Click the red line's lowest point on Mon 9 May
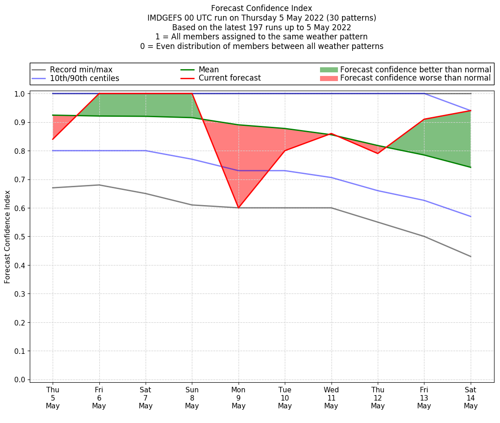(239, 208)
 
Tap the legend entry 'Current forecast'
(229, 78)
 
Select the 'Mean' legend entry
(208, 70)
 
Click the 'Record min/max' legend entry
(81, 70)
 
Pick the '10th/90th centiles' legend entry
(84, 78)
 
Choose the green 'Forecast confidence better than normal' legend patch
(328, 70)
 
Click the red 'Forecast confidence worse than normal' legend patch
(328, 78)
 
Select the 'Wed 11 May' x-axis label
(331, 398)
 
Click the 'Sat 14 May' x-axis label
(471, 398)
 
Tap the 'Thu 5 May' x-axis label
(53, 398)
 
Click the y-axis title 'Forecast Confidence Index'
(7, 237)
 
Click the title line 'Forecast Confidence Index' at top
(261, 8)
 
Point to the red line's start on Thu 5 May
(53, 139)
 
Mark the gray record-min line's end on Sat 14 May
(471, 256)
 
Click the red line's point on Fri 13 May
(424, 119)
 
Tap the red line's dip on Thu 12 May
(378, 153)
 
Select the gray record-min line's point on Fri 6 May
(99, 185)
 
